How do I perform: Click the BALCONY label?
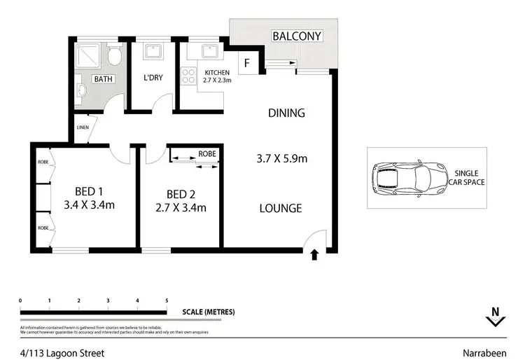(296, 36)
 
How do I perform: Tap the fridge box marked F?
(246, 63)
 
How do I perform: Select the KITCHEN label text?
(217, 72)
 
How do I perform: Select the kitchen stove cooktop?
(188, 76)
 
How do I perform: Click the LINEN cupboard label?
(83, 128)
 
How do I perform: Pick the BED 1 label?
(90, 193)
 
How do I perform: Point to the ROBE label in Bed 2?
(206, 153)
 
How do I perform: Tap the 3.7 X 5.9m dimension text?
(281, 158)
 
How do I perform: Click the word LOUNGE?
(281, 208)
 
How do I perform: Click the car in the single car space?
(409, 178)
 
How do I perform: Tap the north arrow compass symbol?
(495, 319)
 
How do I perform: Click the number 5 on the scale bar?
(167, 300)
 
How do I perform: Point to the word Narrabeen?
(486, 353)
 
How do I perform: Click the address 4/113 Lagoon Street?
(62, 353)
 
